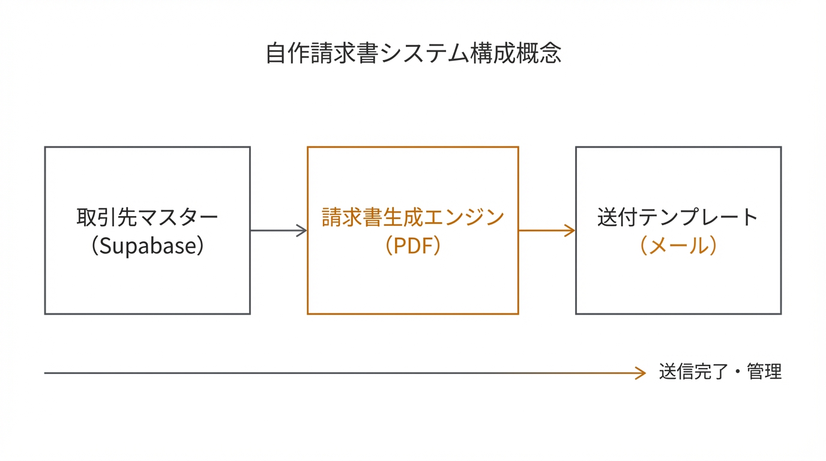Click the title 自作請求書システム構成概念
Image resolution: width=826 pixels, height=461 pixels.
click(413, 53)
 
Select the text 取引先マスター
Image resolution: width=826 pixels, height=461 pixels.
click(148, 217)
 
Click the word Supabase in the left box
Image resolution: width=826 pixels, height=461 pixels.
click(148, 246)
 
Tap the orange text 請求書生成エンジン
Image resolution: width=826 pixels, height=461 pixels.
click(413, 217)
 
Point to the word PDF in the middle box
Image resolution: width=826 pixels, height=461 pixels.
click(413, 246)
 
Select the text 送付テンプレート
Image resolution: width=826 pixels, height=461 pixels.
click(678, 217)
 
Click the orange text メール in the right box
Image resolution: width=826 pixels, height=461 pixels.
click(678, 246)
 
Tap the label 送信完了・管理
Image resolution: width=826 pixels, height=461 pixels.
click(720, 372)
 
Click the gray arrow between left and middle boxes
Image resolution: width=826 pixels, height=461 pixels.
click(276, 230)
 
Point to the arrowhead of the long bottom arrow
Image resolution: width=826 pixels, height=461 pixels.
click(641, 373)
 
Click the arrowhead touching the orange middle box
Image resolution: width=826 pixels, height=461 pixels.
click(302, 230)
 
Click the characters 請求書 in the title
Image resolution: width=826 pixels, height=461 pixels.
click(340, 53)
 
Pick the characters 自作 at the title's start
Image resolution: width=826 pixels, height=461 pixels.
click(285, 53)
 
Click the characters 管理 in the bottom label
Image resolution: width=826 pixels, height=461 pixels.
click(764, 372)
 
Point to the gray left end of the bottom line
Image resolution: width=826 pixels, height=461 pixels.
click(48, 373)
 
